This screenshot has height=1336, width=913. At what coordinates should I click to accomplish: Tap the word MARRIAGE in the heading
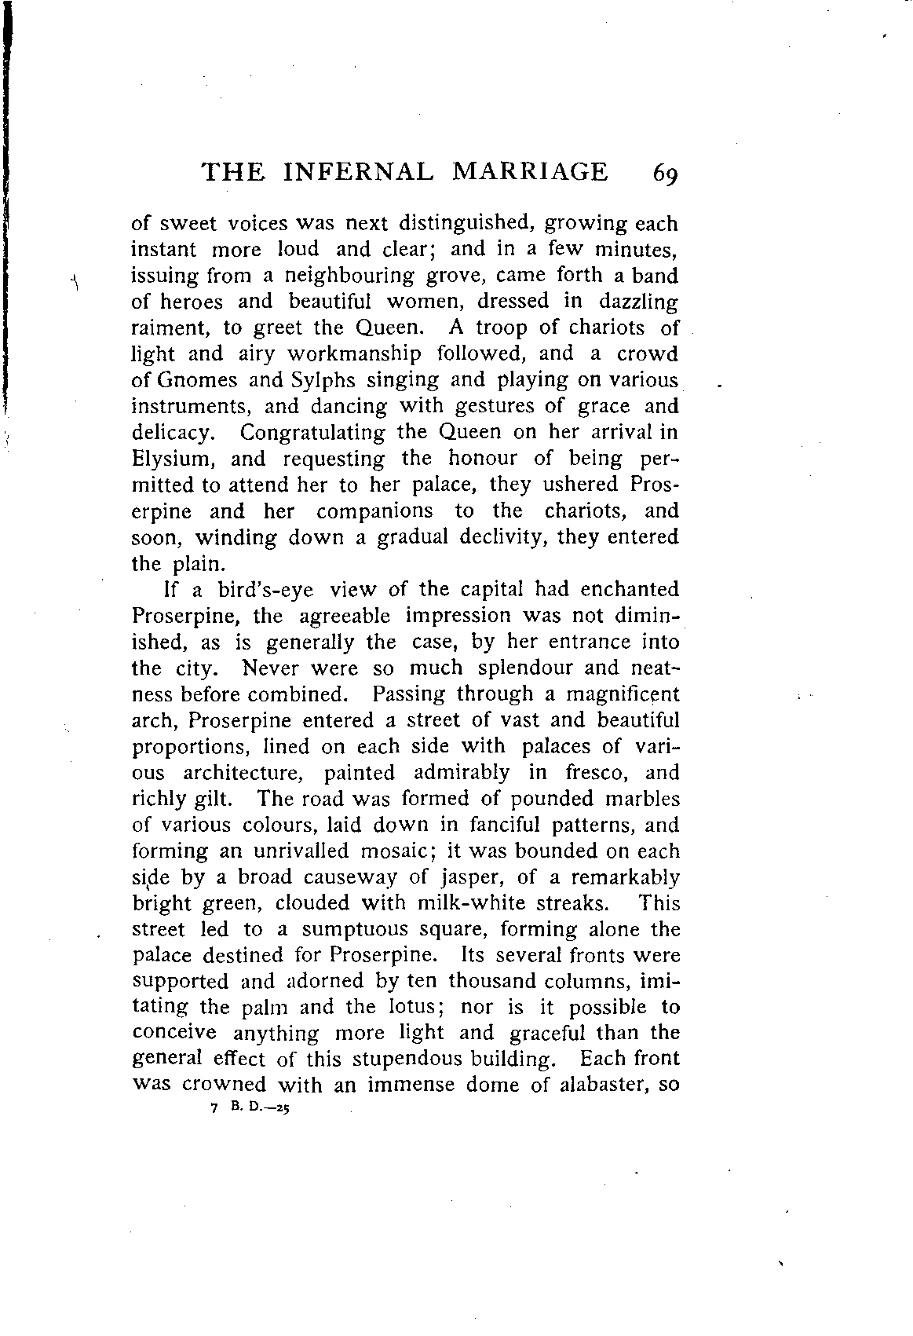[x=530, y=171]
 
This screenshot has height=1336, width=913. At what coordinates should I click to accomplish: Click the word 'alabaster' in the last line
[x=595, y=1085]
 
